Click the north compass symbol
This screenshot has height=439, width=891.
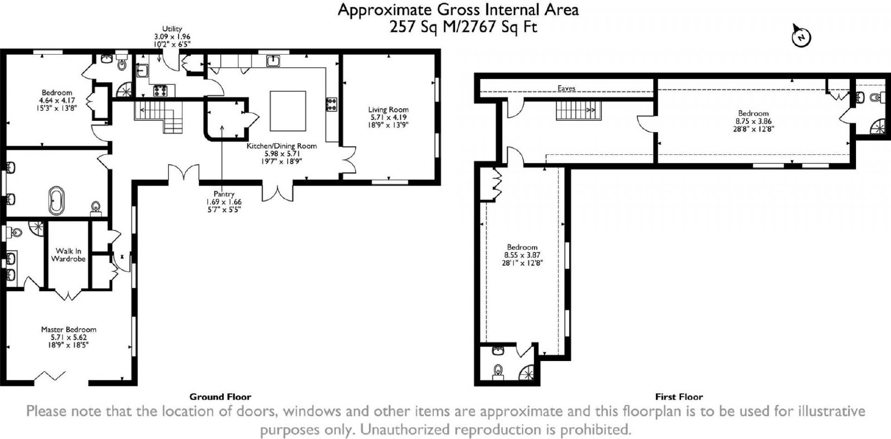pos(801,37)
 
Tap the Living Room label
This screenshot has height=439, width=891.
pos(388,109)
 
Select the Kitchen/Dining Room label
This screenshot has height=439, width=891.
pos(282,146)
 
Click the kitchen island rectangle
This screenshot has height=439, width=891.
pos(288,111)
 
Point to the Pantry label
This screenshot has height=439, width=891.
pos(224,194)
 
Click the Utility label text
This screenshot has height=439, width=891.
pos(172,28)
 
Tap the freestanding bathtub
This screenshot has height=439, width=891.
pos(56,200)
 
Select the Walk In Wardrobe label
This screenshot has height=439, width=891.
pos(68,255)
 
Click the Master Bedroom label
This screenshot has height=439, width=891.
pos(69,330)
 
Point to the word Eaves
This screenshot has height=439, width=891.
pos(566,89)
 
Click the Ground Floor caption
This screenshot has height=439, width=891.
pos(220,397)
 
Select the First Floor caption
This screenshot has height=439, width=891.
pos(679,397)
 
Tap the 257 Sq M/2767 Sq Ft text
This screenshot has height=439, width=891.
pos(463,27)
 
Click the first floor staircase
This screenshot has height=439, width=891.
pos(579,110)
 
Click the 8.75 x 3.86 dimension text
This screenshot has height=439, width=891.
pos(753,121)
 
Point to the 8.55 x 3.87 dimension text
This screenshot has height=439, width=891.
pos(522,255)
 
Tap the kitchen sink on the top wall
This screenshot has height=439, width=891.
pos(273,61)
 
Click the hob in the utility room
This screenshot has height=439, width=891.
pos(160,91)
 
